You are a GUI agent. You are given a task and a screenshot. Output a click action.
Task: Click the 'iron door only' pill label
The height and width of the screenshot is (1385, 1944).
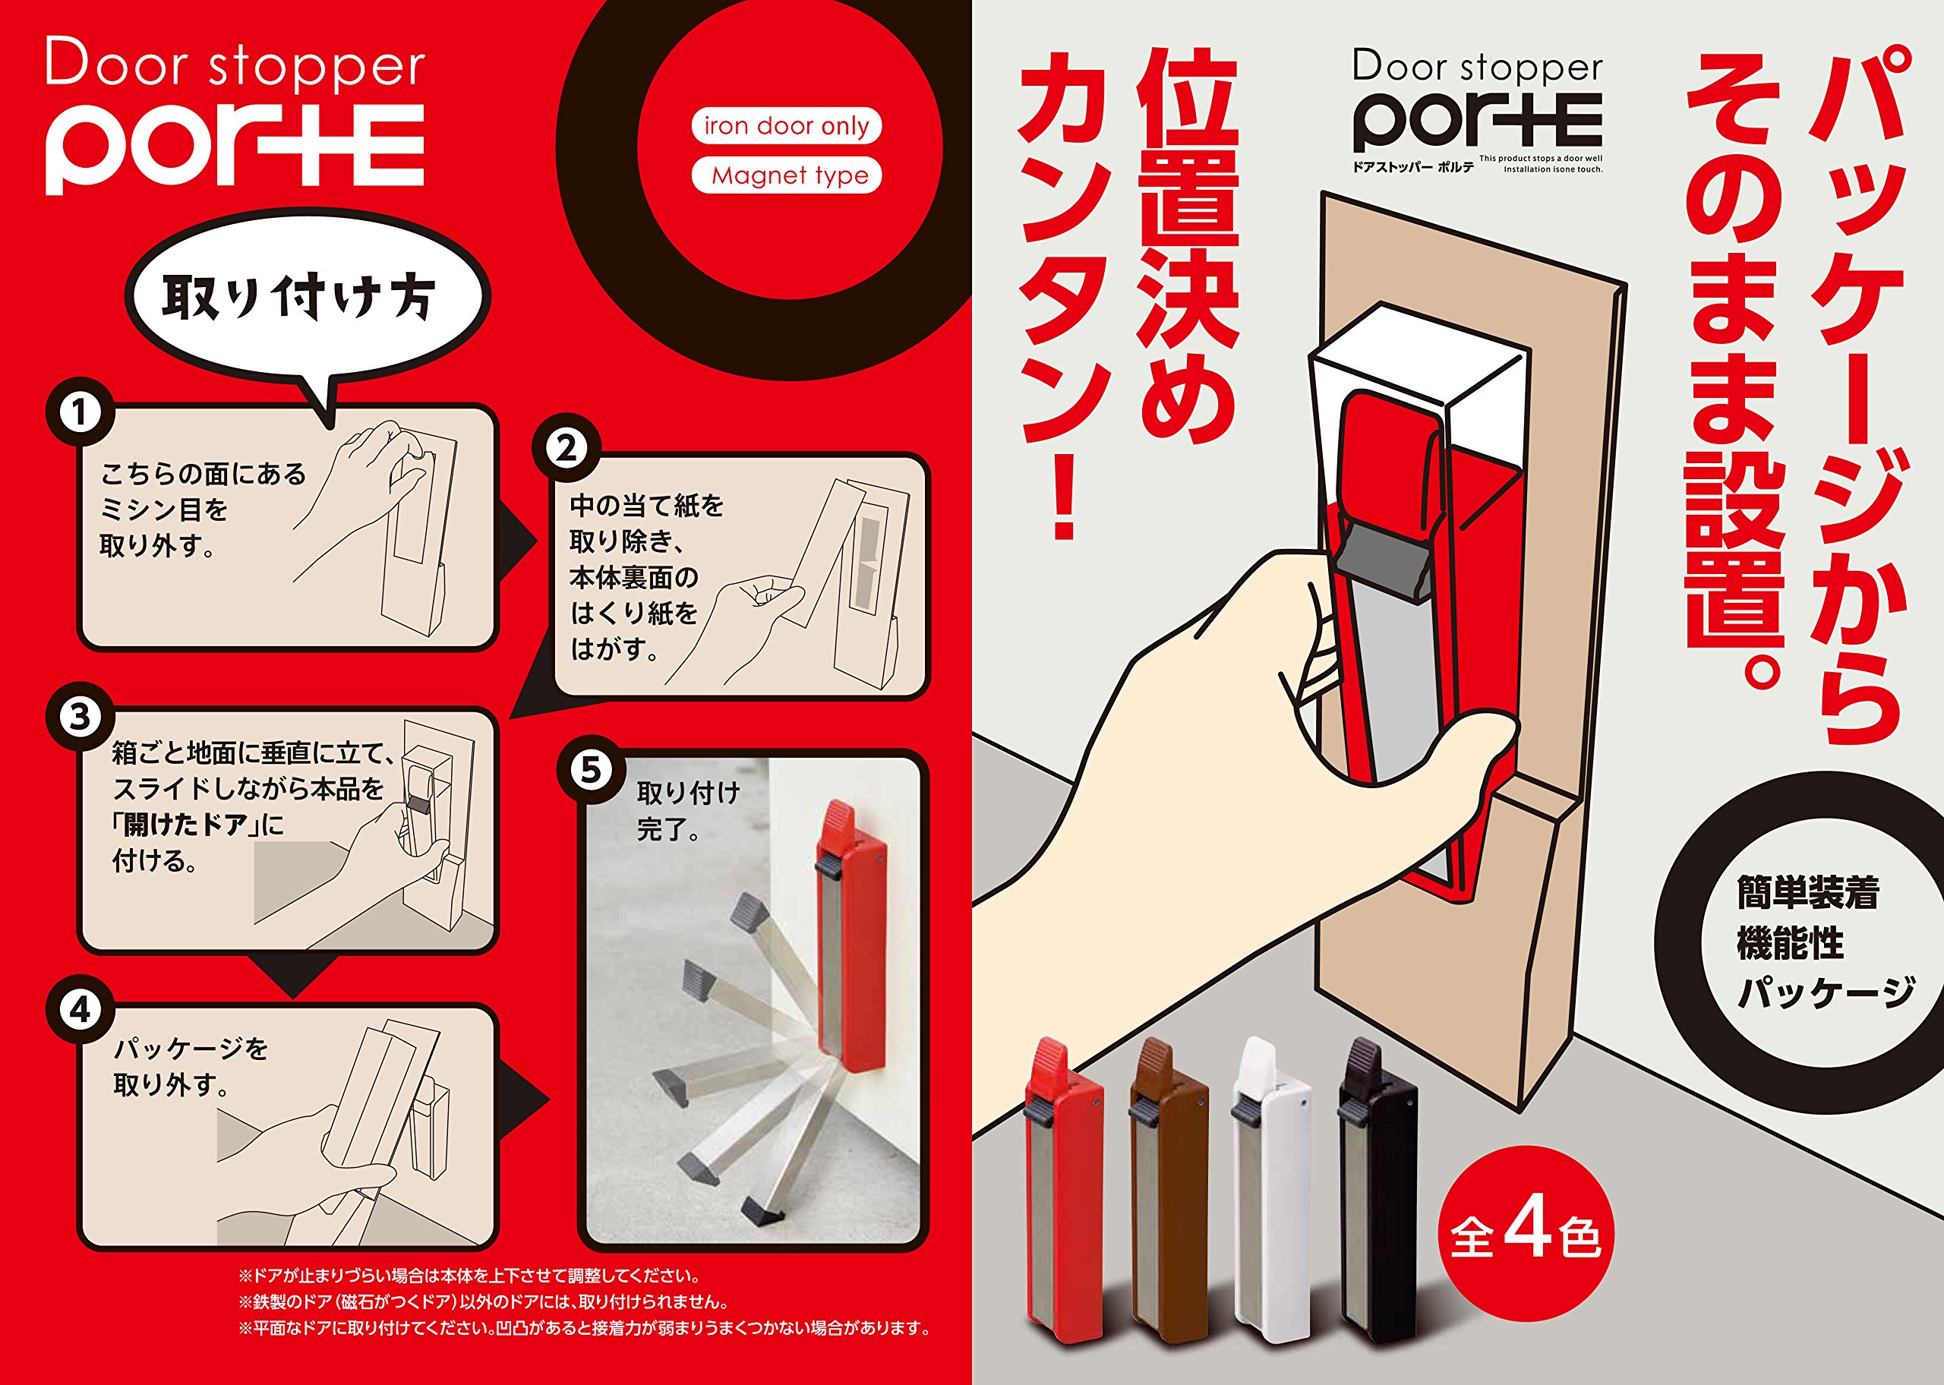click(x=786, y=126)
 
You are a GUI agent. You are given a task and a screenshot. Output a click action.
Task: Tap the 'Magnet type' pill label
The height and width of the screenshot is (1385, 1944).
click(x=786, y=175)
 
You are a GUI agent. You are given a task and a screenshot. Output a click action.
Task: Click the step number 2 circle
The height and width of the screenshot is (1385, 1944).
click(x=567, y=448)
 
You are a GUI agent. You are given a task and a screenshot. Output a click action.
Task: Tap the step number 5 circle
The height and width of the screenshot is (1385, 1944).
click(x=592, y=770)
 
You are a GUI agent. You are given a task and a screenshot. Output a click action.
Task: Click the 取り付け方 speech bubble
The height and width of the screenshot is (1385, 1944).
click(x=307, y=298)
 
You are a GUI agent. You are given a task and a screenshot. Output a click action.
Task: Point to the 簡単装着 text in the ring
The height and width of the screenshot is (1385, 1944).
click(x=1807, y=893)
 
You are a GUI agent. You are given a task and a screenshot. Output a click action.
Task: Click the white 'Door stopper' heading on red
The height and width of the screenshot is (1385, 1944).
click(x=235, y=63)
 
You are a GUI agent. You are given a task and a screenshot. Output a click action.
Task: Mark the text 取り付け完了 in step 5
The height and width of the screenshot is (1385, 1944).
click(x=688, y=811)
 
